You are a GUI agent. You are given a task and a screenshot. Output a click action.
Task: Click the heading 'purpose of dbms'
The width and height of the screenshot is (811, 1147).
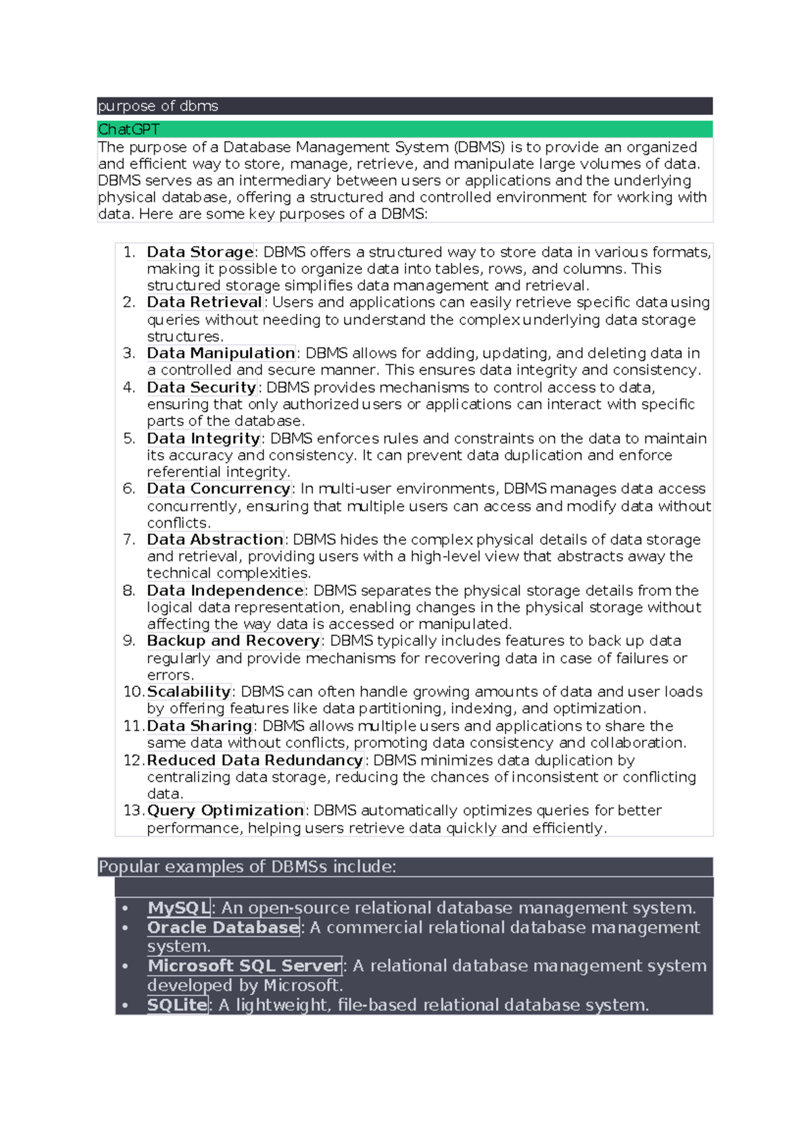coord(158,106)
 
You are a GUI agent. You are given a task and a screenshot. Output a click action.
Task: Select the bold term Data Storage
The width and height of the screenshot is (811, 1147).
coord(200,252)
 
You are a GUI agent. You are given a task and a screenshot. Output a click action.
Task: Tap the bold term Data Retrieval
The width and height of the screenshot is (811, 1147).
coord(205,302)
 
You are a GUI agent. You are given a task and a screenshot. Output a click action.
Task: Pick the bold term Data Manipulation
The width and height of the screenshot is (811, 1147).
coord(221,353)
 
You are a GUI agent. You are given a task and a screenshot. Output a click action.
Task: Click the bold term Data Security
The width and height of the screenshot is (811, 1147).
coord(202,388)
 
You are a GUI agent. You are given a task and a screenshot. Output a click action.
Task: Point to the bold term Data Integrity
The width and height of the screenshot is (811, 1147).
coord(203,438)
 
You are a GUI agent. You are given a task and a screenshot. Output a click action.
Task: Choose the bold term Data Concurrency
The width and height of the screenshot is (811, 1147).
coord(219,488)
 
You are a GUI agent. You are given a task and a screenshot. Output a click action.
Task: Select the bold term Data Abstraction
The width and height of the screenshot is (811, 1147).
coord(215,540)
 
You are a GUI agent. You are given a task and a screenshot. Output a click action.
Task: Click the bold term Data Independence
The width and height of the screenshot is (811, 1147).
coord(225,590)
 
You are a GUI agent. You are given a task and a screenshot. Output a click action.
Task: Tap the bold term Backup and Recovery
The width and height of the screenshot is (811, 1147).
coord(234,640)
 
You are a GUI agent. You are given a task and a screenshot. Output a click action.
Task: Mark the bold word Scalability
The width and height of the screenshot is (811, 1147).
coord(189,692)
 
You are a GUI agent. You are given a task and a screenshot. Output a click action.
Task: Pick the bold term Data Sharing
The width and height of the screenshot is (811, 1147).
coord(199,726)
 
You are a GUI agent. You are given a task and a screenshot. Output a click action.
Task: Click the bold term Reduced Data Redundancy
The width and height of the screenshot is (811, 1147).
coord(255,760)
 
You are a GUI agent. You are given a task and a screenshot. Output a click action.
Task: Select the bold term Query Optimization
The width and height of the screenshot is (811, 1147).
coord(226,810)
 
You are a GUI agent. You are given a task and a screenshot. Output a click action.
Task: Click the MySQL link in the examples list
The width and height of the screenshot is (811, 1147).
coord(179,908)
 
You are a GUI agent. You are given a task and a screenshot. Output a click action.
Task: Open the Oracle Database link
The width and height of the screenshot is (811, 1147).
coord(223,927)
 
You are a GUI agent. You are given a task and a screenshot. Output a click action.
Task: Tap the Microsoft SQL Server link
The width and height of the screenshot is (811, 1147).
coord(245,966)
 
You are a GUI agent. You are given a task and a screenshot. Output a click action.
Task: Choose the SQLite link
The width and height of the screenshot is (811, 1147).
coord(177,1005)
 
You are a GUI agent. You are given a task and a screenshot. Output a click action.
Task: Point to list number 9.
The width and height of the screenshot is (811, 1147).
coord(129,640)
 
